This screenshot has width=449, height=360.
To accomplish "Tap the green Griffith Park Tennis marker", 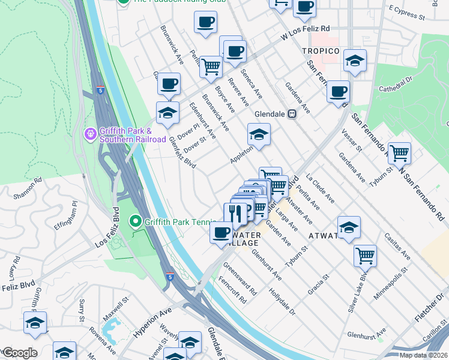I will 136,222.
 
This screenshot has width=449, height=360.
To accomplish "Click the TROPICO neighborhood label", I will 321,51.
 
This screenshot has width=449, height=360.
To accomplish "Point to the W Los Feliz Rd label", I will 306,33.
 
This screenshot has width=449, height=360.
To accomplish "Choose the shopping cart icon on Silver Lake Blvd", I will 365,255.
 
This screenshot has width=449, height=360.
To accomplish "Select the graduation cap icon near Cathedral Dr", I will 355,61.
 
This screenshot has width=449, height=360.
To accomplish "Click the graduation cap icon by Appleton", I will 259,134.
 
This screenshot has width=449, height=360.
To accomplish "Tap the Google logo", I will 19,353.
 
